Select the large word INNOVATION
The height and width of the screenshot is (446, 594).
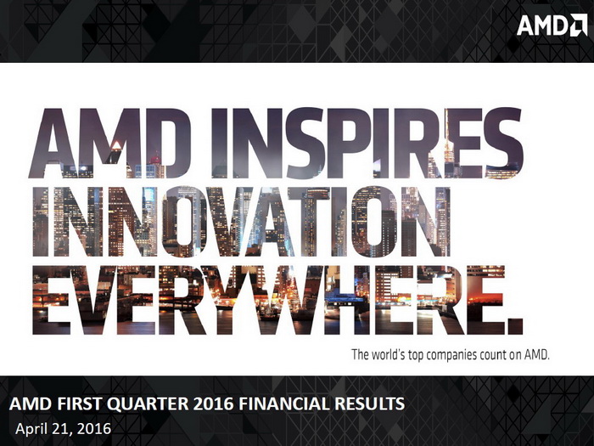(x=242, y=222)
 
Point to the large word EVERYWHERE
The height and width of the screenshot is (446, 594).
(x=268, y=300)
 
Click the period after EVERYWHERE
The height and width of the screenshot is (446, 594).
(x=515, y=326)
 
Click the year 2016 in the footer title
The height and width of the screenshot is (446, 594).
(x=213, y=404)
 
